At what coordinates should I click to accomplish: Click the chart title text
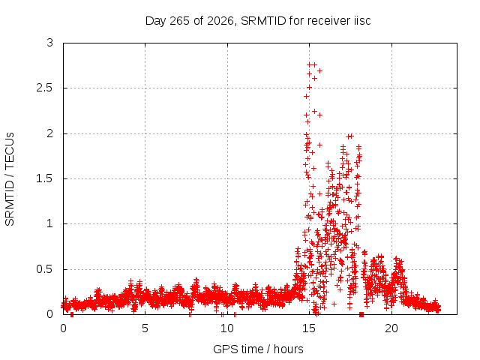tap(258, 21)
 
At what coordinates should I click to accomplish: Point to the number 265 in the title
tap(180, 21)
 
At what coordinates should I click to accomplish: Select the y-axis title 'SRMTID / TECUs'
tap(10, 179)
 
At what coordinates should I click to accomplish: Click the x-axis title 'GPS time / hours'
tap(258, 349)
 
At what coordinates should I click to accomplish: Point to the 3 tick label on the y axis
tap(50, 43)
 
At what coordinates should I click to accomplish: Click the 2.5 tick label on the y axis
tap(45, 88)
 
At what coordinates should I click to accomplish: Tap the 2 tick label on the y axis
tap(50, 133)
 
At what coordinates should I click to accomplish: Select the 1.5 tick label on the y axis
tap(45, 178)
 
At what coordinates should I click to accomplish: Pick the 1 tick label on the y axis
tap(50, 223)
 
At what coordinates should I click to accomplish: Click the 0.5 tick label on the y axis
tap(45, 269)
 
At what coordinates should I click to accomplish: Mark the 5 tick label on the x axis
tap(145, 328)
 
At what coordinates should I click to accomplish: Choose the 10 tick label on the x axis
tap(227, 328)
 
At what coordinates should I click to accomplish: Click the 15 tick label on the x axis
tap(309, 328)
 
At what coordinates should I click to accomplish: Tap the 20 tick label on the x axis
tap(391, 328)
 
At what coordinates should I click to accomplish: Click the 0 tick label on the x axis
tap(63, 328)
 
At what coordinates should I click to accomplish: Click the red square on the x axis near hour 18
tap(361, 315)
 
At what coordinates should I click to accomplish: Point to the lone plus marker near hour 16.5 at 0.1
tap(334, 304)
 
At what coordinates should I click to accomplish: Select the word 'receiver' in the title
tap(327, 21)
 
